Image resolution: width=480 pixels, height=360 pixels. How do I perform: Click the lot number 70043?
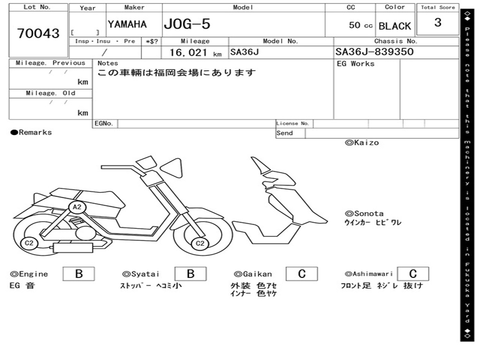click(x=38, y=33)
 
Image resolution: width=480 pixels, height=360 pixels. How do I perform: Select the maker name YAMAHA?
click(x=127, y=24)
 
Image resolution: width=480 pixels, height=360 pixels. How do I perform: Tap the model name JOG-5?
click(x=187, y=24)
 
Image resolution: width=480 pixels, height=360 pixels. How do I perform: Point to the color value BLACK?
click(x=395, y=26)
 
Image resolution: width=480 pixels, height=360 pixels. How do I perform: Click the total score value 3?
click(x=438, y=22)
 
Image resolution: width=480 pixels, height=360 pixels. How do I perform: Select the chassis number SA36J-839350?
click(x=375, y=52)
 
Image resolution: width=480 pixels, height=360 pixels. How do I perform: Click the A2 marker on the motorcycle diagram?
click(x=77, y=207)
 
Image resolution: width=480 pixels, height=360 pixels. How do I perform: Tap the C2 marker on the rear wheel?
click(x=29, y=243)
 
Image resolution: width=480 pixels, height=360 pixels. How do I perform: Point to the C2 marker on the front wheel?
click(x=200, y=243)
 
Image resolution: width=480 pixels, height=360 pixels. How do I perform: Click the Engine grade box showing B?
click(x=79, y=274)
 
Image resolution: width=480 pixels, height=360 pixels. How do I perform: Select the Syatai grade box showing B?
click(x=190, y=274)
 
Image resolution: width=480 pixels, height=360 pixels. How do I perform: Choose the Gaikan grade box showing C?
click(x=302, y=274)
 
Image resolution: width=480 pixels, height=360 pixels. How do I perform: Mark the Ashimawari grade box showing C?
click(x=413, y=274)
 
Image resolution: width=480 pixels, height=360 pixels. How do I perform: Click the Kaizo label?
click(x=362, y=142)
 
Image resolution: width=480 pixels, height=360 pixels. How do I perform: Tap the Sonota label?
click(x=364, y=214)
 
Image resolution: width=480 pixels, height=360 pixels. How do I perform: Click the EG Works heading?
click(x=356, y=64)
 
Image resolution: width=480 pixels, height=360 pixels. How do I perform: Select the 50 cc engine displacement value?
click(x=360, y=25)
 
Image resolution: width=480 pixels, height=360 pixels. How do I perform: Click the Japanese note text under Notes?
click(x=177, y=73)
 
